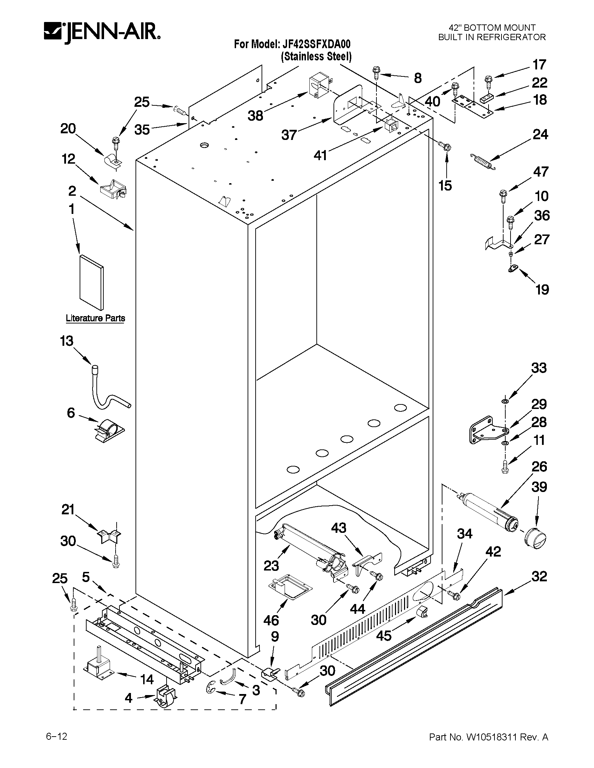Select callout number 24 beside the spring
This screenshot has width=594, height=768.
tap(540, 135)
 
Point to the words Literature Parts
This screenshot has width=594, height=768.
tap(95, 318)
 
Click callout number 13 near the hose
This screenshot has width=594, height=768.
tap(66, 341)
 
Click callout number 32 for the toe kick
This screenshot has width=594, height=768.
tap(539, 576)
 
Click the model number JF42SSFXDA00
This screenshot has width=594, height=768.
tap(315, 44)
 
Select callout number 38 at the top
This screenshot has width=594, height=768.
tap(255, 115)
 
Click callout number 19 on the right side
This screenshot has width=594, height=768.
tap(542, 290)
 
